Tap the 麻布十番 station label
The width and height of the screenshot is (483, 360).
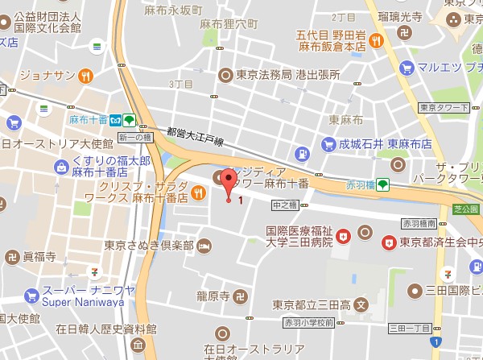[x=85, y=119]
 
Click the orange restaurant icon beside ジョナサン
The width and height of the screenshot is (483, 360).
[x=85, y=77]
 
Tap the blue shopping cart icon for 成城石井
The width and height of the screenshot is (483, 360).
[x=328, y=145]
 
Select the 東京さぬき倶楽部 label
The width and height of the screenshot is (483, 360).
[x=149, y=244]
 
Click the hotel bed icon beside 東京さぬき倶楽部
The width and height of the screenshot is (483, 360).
[x=204, y=244]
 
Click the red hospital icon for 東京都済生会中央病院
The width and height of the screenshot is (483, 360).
[x=390, y=241]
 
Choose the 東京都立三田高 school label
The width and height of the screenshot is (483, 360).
[x=312, y=305]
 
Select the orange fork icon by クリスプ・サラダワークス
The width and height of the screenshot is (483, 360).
[x=199, y=194]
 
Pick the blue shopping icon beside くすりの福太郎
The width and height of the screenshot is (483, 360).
[x=60, y=167]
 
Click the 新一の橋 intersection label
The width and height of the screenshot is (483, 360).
[x=134, y=138]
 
